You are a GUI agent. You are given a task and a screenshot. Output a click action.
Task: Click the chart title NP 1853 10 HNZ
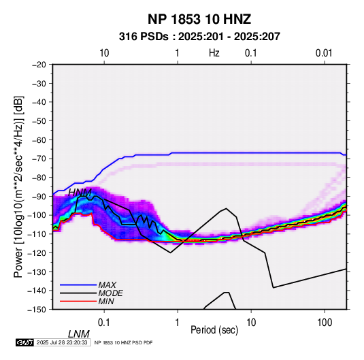199,19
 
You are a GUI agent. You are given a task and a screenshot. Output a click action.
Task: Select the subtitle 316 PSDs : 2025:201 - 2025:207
199,37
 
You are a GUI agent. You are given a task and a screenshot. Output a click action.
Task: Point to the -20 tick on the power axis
39,65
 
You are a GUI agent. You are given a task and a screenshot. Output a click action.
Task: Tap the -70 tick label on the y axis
39,159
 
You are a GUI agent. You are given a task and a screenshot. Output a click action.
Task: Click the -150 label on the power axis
37,310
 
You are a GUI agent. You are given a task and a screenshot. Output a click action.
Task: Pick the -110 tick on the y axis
37,234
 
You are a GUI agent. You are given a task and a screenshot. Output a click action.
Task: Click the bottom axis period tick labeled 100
325,323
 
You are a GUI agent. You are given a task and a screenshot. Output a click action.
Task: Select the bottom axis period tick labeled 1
178,323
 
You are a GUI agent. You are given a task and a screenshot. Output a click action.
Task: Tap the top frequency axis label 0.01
324,53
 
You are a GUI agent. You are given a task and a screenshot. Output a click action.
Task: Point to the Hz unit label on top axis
214,53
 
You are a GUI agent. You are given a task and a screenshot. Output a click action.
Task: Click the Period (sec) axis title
214,330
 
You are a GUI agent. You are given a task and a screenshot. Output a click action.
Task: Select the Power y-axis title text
18,186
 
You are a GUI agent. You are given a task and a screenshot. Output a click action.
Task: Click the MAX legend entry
107,285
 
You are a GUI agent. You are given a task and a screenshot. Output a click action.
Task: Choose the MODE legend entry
110,293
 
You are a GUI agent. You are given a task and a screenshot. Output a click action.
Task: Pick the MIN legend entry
106,301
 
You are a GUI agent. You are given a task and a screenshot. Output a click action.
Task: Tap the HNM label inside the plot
80,193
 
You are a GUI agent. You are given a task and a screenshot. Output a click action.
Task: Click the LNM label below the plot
79,334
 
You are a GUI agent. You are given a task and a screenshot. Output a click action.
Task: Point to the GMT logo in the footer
24,342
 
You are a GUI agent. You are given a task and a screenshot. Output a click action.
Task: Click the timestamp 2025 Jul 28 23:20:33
62,342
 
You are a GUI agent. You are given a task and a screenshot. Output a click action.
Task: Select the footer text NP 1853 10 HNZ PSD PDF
124,342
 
